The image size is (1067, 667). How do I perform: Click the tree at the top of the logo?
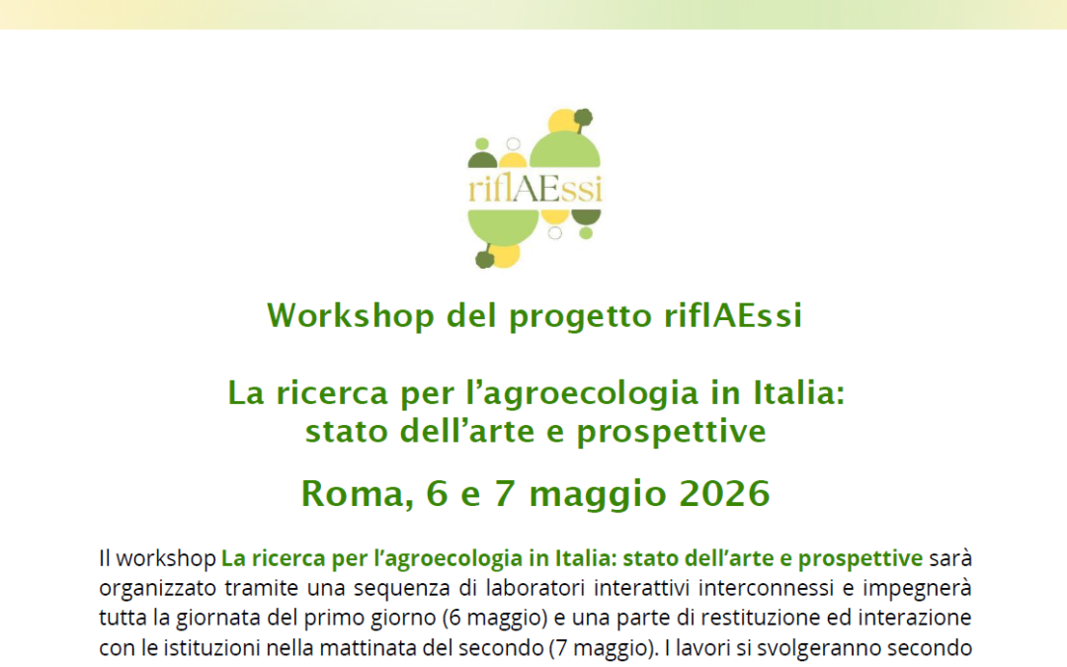coord(583,119)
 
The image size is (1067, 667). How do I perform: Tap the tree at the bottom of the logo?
coord(484,259)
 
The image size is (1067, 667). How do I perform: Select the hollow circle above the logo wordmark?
coord(513,144)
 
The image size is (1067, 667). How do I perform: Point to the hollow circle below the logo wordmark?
coord(554,233)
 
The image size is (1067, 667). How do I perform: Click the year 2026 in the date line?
coord(724,493)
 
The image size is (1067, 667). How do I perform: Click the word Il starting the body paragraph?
coord(106,558)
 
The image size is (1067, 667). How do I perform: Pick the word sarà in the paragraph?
coord(950,558)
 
